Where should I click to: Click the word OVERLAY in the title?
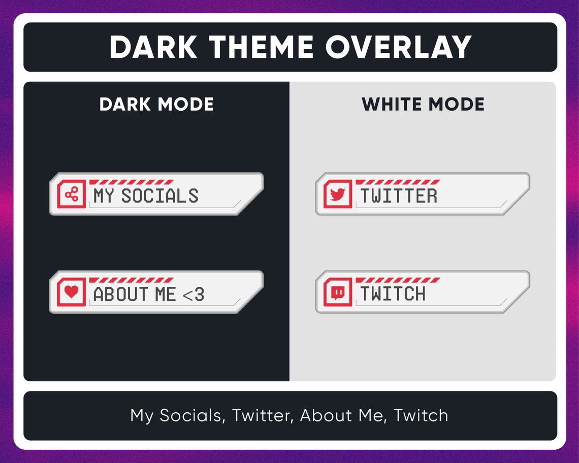tap(399, 47)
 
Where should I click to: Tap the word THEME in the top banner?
tap(262, 47)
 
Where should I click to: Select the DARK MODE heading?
tap(156, 105)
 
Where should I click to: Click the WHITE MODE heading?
tap(423, 105)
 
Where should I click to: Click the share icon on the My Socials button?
tap(72, 194)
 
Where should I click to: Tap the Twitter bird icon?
tap(338, 194)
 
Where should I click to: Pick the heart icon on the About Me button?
tap(72, 292)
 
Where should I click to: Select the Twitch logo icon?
tap(338, 292)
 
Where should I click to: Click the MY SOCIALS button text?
tap(146, 196)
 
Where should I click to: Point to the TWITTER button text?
tap(399, 196)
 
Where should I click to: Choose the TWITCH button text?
tap(393, 294)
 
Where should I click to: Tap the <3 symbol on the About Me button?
tap(193, 294)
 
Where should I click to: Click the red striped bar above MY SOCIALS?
tap(131, 182)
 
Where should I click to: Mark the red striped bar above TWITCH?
tap(397, 280)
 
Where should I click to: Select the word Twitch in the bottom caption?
tap(421, 415)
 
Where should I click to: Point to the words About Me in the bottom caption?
tap(340, 415)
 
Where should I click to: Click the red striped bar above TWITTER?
tap(397, 182)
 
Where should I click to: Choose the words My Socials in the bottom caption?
tap(176, 415)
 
